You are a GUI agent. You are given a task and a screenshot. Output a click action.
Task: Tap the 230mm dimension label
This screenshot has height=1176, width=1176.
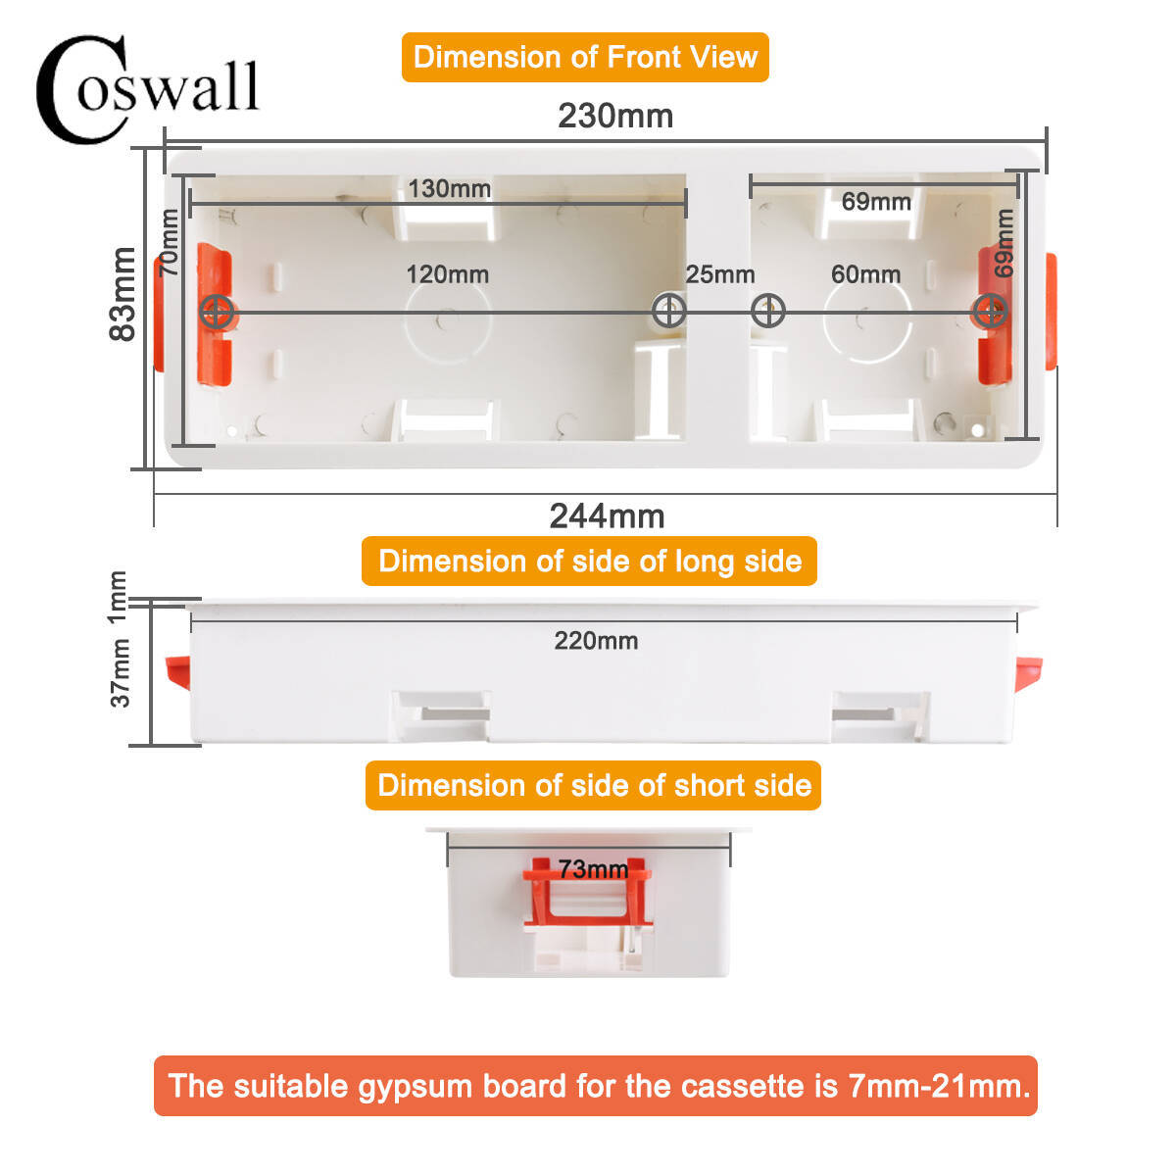(x=615, y=116)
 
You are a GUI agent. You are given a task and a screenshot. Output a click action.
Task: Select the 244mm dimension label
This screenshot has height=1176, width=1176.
(x=607, y=516)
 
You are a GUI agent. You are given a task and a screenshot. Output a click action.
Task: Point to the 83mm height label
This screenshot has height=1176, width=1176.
(x=122, y=294)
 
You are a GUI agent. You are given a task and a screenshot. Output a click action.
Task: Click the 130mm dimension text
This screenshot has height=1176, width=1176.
(x=449, y=188)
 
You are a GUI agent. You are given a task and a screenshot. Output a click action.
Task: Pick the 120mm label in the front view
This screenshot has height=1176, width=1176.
(x=447, y=274)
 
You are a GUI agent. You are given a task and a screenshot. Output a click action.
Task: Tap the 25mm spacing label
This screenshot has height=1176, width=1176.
(x=720, y=274)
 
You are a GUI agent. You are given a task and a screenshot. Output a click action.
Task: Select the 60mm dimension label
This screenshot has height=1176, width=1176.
(x=865, y=274)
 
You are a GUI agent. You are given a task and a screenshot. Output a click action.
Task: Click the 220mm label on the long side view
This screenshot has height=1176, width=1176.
(x=596, y=641)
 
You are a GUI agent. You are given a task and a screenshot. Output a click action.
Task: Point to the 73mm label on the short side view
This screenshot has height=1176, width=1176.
(x=593, y=869)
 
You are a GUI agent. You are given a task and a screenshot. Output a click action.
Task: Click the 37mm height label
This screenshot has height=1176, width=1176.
(x=120, y=672)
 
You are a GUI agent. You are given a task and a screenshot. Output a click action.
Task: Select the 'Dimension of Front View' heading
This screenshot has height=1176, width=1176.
(x=585, y=58)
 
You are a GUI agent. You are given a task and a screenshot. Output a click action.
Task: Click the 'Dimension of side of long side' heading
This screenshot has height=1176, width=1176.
(x=590, y=561)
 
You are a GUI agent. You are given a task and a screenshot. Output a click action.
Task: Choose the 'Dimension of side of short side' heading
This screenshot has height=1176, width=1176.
(x=593, y=785)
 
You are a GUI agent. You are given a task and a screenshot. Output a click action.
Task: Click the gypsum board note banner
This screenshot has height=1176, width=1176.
(x=596, y=1086)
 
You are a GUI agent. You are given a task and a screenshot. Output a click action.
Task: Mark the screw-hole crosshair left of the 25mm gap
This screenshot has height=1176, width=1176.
(x=669, y=311)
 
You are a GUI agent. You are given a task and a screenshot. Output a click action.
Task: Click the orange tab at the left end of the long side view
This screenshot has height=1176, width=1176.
(x=178, y=672)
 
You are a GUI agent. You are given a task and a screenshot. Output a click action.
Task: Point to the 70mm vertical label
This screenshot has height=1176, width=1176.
(x=169, y=242)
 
